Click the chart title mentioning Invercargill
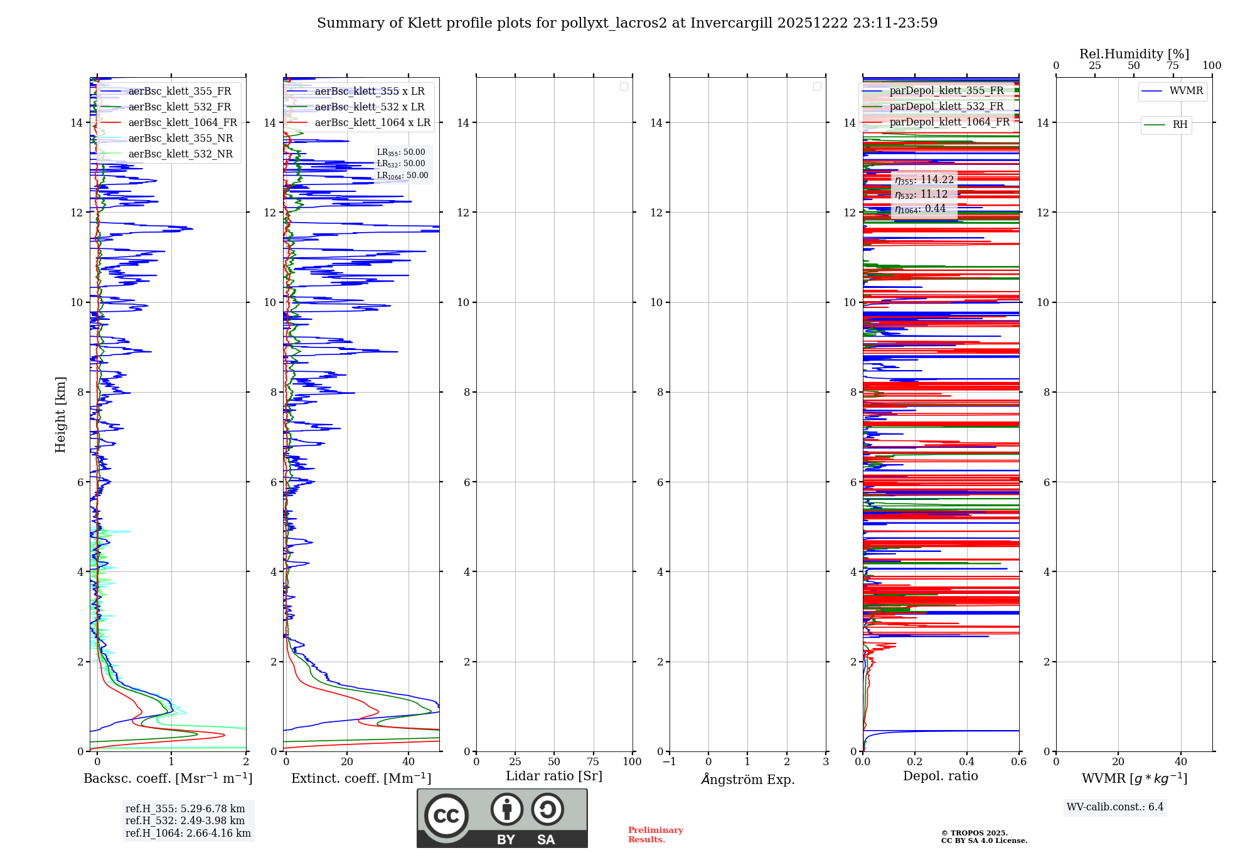tap(627, 23)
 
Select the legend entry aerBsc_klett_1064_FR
tap(182, 123)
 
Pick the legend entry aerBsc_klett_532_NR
tap(180, 154)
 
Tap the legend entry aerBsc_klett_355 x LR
tap(369, 92)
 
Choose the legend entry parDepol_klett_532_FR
tap(946, 107)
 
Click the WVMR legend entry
tap(1185, 91)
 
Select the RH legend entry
tap(1179, 125)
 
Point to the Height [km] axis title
tap(60, 415)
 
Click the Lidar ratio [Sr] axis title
tap(554, 776)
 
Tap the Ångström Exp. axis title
tap(747, 779)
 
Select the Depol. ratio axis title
tap(940, 776)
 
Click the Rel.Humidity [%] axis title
tap(1134, 54)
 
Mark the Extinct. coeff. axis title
tap(361, 778)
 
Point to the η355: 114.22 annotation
tap(924, 180)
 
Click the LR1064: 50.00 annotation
tap(402, 176)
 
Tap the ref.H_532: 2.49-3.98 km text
tap(184, 821)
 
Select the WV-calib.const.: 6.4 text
tap(1114, 807)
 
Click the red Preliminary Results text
tap(655, 835)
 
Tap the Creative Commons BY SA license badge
tap(502, 818)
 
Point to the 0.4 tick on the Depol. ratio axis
tap(966, 762)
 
